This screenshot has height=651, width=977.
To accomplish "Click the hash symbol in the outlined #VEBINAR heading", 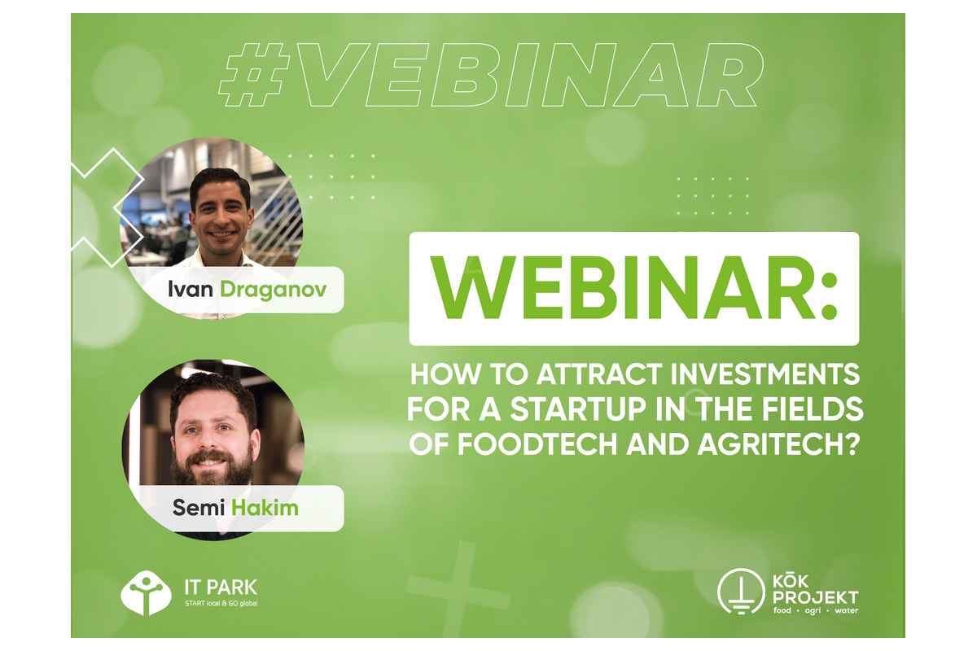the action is (254, 75).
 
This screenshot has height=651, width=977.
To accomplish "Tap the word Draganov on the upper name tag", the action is (274, 290).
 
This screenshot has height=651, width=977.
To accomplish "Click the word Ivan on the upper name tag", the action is (191, 290).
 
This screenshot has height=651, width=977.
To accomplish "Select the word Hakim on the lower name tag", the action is (265, 508).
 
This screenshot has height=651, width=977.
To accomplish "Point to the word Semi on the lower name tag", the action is (199, 508).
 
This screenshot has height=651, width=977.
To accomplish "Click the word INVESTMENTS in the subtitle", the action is (765, 374).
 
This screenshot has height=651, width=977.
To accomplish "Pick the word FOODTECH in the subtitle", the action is (538, 443).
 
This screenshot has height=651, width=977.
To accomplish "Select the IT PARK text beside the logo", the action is (221, 588).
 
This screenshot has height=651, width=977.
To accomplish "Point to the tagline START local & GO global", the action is (221, 604).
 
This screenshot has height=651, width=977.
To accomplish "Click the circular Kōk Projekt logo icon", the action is (741, 592).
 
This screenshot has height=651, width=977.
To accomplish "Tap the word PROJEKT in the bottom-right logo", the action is (815, 597).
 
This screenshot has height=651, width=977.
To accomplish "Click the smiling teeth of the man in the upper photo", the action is (223, 234).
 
